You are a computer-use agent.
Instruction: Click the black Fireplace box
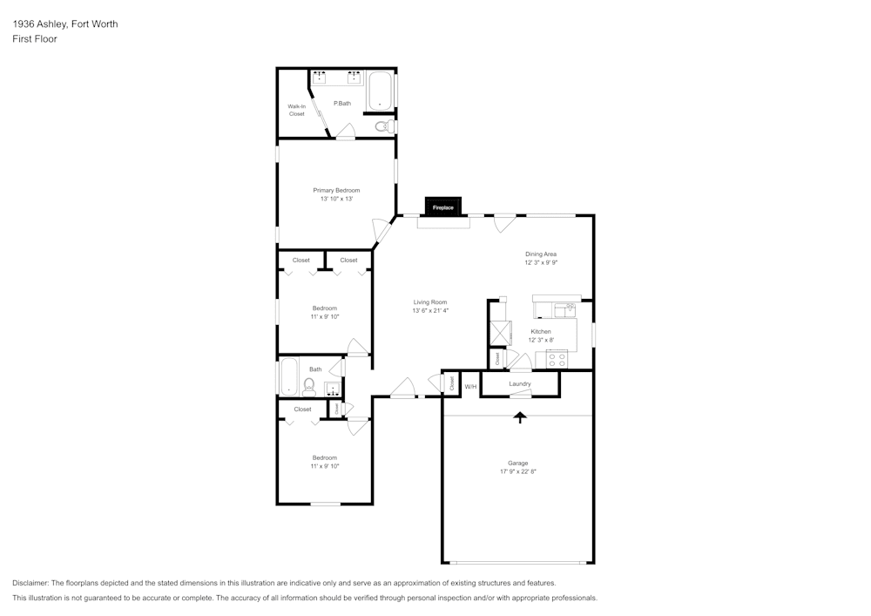[x=442, y=207]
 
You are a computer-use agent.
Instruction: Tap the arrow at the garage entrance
[x=520, y=417]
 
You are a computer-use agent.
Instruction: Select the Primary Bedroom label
[x=336, y=190]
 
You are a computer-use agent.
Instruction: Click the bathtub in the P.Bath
[x=380, y=91]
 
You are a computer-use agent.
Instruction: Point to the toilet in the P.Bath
[x=381, y=127]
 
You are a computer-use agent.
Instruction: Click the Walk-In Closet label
[x=297, y=111]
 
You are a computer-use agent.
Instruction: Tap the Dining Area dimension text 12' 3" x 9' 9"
[x=540, y=262]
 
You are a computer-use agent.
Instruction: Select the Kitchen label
[x=541, y=332]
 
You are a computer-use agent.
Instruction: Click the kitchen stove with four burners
[x=557, y=359]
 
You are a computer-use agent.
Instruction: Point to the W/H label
[x=469, y=386]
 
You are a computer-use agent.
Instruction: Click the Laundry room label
[x=520, y=383]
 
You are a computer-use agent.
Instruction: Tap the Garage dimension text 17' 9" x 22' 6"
[x=518, y=471]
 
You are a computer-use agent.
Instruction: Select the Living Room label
[x=430, y=302]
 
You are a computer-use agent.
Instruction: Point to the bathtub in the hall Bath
[x=288, y=377]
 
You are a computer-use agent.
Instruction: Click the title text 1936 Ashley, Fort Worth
[x=64, y=24]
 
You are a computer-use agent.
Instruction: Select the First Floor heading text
[x=35, y=39]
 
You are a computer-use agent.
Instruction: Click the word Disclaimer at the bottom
[x=30, y=583]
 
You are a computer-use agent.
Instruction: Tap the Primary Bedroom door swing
[x=381, y=232]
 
